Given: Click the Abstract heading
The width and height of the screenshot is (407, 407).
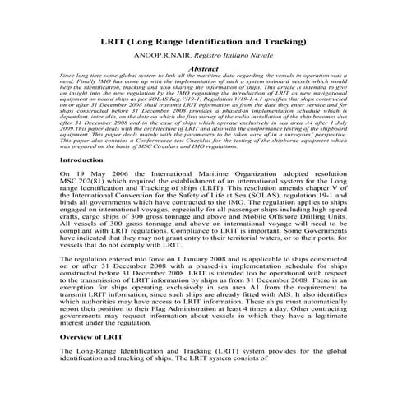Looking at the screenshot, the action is click(x=203, y=70).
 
